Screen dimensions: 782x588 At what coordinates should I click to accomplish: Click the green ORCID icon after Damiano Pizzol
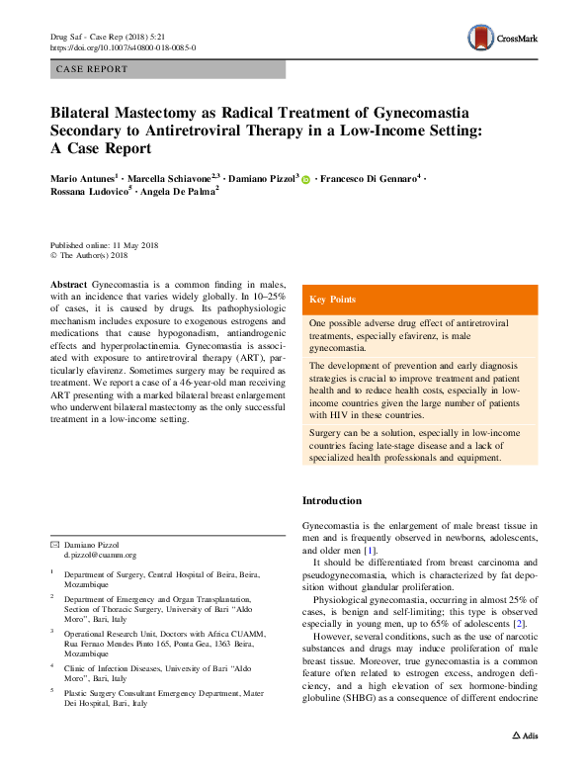coord(306,179)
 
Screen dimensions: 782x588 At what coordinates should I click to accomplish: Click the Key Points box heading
coord(334,300)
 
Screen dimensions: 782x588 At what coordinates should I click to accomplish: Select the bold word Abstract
coord(67,284)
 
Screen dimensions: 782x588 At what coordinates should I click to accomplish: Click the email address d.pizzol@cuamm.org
coord(100,557)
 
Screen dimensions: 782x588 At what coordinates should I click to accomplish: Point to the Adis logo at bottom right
coord(524,763)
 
